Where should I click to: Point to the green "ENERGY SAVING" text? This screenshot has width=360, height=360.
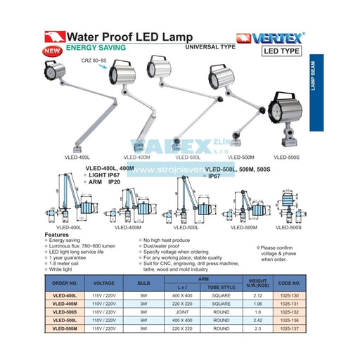coord(96,48)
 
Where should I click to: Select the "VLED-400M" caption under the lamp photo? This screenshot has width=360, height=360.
coord(137,157)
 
